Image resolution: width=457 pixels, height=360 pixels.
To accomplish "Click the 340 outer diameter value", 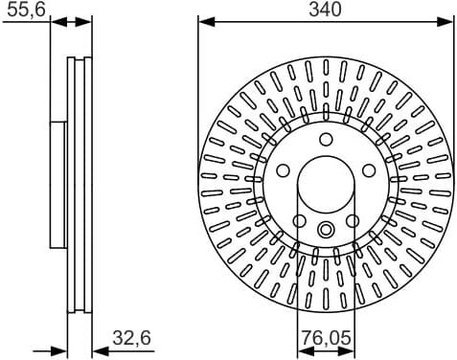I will [326, 10].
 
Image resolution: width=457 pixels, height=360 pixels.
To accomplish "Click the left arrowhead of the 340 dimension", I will [203, 21].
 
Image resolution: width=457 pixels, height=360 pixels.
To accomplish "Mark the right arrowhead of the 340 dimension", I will [448, 21].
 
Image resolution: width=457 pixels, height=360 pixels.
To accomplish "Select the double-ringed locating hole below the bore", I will [326, 229].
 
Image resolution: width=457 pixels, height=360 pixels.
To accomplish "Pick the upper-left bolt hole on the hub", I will [284, 170].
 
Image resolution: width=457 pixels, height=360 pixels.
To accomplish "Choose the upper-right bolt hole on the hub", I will [368, 170].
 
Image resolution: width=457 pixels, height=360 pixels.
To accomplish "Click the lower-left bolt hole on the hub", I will [299, 220].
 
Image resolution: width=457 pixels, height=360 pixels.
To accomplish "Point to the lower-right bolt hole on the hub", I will [353, 220].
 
